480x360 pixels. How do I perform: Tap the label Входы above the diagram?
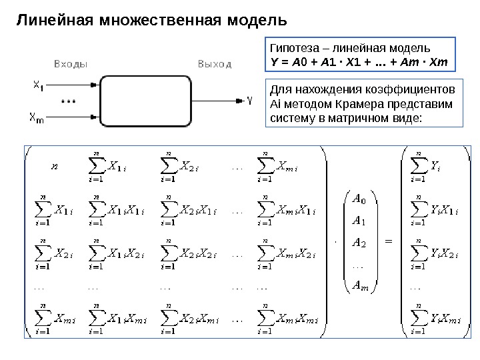(x=69, y=65)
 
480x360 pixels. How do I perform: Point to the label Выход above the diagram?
(x=215, y=65)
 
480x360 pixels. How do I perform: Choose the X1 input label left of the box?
(x=39, y=85)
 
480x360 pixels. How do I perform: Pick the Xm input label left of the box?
(x=38, y=119)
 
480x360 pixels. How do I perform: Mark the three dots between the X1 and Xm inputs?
(x=68, y=102)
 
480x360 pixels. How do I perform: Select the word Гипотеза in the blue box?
(x=290, y=49)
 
